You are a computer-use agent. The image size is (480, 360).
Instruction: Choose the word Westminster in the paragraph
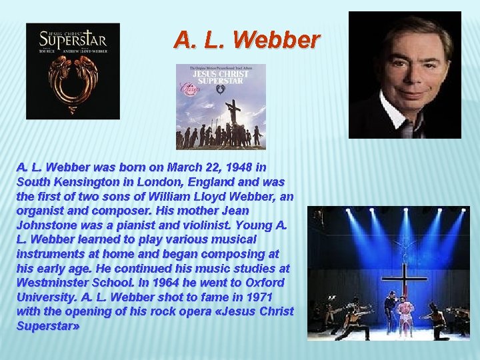(x=55, y=283)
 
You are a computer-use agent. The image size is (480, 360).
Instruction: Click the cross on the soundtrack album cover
(x=233, y=114)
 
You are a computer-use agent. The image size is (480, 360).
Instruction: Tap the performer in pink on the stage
(x=405, y=313)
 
